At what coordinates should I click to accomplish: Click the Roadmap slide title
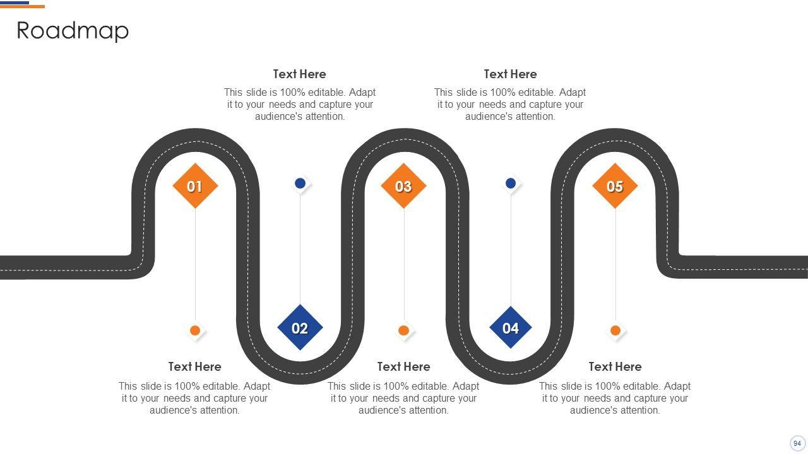[73, 30]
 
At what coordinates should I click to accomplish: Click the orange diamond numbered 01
[195, 186]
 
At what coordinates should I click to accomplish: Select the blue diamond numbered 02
[300, 328]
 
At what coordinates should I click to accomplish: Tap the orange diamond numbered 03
[403, 186]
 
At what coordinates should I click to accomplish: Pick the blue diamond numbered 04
[510, 328]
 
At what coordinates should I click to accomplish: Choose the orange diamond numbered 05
[615, 186]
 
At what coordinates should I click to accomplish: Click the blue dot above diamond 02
[300, 183]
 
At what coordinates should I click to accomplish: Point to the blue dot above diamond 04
[511, 183]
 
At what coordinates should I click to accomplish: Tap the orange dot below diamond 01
[195, 330]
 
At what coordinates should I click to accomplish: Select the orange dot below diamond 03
[404, 330]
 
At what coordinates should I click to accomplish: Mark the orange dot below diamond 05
[615, 330]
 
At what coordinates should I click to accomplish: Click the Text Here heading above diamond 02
[299, 74]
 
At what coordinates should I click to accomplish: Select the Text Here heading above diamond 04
[510, 74]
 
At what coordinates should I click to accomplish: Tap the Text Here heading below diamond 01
[194, 367]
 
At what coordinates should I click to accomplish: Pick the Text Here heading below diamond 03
[403, 367]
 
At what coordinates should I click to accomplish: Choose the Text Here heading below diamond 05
[615, 367]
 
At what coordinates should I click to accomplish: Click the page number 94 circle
[797, 443]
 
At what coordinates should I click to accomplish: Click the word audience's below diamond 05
[591, 410]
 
